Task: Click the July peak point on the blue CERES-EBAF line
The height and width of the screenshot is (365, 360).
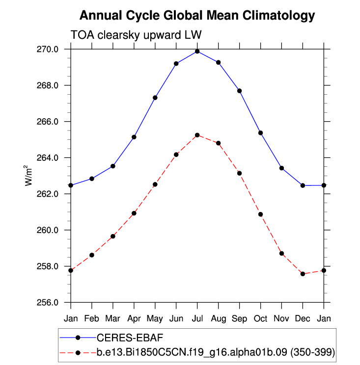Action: click(x=197, y=51)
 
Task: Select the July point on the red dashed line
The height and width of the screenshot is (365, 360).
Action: click(x=197, y=135)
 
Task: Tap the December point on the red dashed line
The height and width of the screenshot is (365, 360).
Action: click(x=303, y=274)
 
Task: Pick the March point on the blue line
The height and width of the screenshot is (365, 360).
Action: click(x=113, y=166)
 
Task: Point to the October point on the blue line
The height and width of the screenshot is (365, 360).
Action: click(x=260, y=133)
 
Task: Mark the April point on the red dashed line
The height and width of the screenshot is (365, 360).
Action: click(x=134, y=213)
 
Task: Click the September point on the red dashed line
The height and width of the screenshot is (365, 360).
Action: click(x=239, y=173)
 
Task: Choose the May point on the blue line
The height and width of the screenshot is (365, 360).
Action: click(x=155, y=98)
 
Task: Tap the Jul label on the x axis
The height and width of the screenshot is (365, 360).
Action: click(x=197, y=318)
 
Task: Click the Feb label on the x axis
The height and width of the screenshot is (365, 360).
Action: click(x=92, y=318)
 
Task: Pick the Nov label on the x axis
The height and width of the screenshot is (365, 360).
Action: click(x=281, y=318)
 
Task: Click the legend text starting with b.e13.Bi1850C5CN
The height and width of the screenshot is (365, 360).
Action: click(x=216, y=352)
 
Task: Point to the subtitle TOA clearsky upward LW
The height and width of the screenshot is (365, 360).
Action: click(x=136, y=35)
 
